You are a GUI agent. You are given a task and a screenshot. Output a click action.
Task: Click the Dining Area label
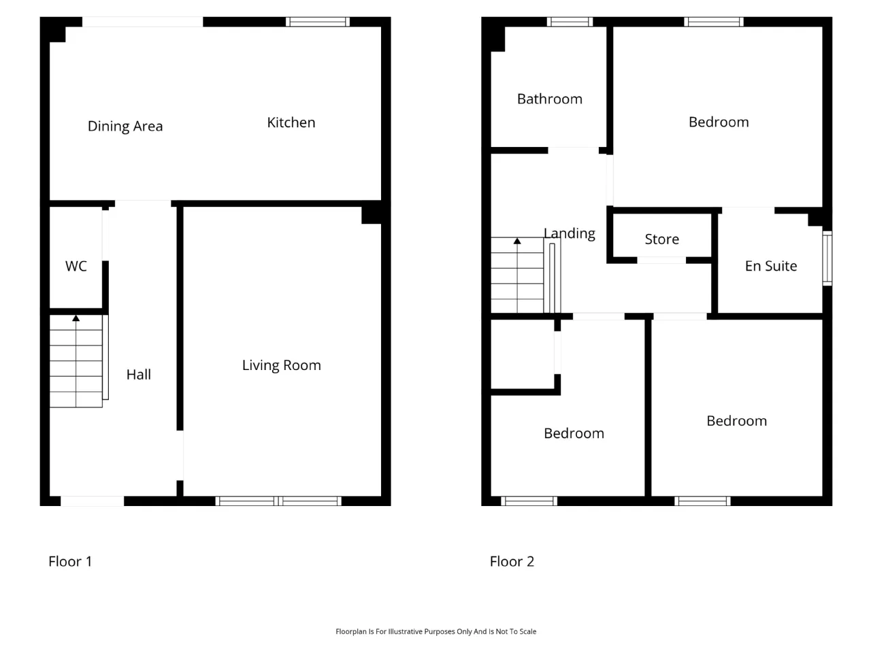pos(125,127)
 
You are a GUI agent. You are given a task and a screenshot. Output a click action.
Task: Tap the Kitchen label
pos(291,122)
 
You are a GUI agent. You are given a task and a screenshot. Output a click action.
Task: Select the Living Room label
pos(281,365)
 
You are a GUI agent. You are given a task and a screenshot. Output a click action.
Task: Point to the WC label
pos(76,266)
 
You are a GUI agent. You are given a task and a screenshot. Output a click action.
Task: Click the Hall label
pos(139,375)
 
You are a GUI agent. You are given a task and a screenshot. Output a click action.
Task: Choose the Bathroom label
pos(550,99)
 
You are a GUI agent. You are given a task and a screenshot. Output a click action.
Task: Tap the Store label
pos(661,239)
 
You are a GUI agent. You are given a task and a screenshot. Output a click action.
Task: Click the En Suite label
pos(770,266)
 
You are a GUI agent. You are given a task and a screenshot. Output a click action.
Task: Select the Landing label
pos(570,234)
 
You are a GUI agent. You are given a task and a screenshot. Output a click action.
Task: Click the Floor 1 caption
pos(70,561)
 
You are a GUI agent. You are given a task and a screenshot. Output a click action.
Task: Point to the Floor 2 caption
pos(512,561)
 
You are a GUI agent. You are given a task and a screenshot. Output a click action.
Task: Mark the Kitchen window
pos(318,22)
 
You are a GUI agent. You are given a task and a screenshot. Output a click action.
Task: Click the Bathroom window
pos(570,22)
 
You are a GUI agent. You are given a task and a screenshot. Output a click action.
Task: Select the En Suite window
pos(827,258)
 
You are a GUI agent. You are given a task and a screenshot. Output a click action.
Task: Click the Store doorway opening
pos(661,260)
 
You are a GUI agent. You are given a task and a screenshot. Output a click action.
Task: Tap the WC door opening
pos(105,235)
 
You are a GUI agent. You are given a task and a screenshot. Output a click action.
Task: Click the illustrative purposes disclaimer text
pos(435,631)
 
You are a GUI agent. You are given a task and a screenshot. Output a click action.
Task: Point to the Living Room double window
pos(278,501)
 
